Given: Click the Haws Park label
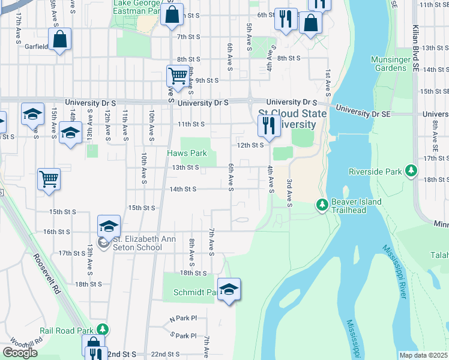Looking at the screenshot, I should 187,154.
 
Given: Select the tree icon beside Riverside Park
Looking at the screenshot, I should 411,172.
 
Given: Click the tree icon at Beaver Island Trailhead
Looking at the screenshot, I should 322,206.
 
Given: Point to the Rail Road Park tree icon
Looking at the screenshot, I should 103,329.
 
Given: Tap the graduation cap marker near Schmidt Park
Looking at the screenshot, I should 229,290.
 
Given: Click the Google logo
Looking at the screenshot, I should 20,353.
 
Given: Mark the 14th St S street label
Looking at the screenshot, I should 183,189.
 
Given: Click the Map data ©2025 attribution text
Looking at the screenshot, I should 424,355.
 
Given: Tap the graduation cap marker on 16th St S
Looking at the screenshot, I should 109,227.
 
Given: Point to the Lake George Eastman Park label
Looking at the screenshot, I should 137,7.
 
